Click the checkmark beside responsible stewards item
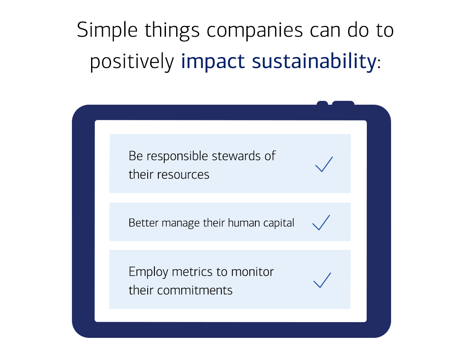pyautogui.click(x=324, y=164)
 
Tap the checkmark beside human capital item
pyautogui.click(x=321, y=223)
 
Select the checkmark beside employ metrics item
pyautogui.click(x=322, y=280)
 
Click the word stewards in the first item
pyautogui.click(x=238, y=156)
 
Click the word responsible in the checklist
pyautogui.click(x=178, y=157)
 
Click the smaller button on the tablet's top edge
pyautogui.click(x=322, y=103)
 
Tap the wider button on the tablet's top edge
pyautogui.click(x=343, y=103)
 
